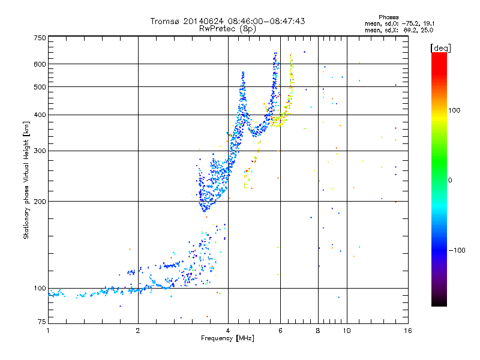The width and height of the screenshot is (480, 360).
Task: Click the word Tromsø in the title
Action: tap(165, 21)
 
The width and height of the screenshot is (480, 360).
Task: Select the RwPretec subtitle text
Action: tap(220, 28)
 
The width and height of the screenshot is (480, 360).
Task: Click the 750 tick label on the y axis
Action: tap(40, 38)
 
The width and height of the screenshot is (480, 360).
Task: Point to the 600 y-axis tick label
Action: tap(40, 64)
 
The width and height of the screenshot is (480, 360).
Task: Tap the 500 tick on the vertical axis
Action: tap(40, 87)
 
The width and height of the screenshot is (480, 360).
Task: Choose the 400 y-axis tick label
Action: tap(40, 115)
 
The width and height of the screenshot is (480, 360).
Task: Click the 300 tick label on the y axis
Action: tap(40, 151)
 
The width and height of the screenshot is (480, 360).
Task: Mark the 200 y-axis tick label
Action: tap(40, 202)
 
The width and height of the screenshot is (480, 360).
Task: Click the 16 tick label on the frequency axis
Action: tap(407, 331)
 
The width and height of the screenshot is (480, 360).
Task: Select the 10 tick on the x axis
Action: tap(347, 331)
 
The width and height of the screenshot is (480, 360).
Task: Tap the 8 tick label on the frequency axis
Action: tap(318, 331)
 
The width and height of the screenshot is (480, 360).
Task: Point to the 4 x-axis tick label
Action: tap(228, 331)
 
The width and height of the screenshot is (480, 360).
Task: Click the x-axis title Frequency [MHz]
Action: tap(227, 339)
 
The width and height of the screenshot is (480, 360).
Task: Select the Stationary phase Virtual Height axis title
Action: tap(26, 180)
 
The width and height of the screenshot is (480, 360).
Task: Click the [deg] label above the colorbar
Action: tap(440, 47)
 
